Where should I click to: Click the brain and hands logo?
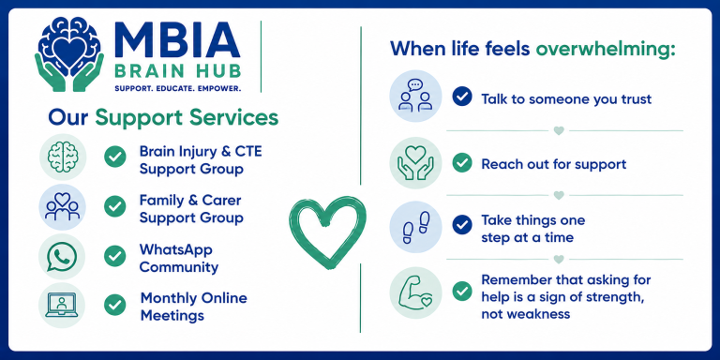(x=69, y=54)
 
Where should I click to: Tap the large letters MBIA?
(x=177, y=40)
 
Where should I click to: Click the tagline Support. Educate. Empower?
(x=177, y=88)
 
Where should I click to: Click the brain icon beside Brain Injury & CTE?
(x=63, y=157)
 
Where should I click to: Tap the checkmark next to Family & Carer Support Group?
(x=114, y=206)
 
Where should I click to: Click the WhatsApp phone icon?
(x=62, y=256)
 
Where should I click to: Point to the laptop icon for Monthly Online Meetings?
(x=62, y=305)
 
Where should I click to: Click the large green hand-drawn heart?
(x=327, y=232)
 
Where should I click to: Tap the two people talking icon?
(x=415, y=96)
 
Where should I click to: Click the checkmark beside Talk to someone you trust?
(x=462, y=97)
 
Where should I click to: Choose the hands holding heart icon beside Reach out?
(x=415, y=162)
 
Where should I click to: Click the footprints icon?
(x=415, y=227)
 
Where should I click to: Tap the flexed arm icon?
(x=415, y=292)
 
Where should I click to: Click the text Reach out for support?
(x=554, y=164)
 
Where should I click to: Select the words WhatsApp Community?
(x=179, y=258)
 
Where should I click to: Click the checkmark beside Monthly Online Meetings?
(x=114, y=305)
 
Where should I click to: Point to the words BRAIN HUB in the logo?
(x=178, y=72)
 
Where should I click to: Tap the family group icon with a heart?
(x=62, y=206)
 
